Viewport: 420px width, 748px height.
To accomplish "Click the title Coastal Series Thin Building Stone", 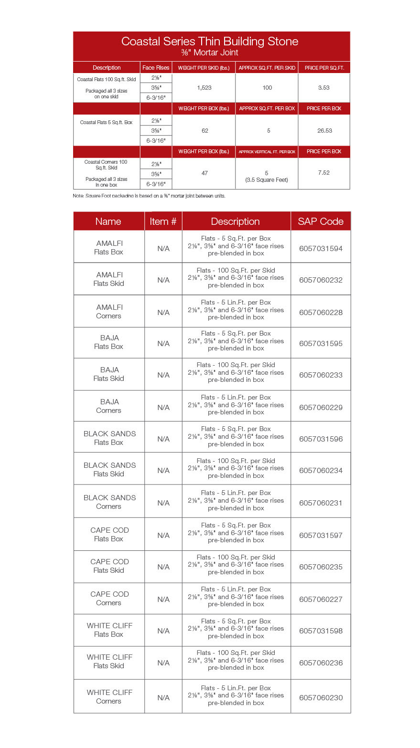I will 210,42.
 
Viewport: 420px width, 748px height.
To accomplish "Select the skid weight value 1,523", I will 204,88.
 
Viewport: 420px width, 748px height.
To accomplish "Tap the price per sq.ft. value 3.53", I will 324,88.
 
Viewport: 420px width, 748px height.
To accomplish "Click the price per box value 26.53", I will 324,130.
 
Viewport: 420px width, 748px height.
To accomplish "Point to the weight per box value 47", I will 205,173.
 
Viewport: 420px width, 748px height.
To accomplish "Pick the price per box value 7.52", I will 324,173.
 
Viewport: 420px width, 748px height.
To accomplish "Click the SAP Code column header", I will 321,221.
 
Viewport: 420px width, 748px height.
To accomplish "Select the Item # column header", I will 163,221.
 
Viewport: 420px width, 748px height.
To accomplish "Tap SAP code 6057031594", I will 321,249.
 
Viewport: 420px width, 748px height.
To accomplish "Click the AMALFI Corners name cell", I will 109,312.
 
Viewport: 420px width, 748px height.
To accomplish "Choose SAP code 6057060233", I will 321,375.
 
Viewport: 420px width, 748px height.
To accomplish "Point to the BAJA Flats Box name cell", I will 109,342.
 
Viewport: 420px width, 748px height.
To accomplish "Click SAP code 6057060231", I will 321,503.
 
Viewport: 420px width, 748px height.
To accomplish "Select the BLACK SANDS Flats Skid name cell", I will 109,470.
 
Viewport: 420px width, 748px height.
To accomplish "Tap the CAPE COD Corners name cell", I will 109,599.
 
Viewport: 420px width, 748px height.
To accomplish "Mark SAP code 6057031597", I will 321,536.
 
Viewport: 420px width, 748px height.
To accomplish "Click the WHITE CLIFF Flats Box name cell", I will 109,630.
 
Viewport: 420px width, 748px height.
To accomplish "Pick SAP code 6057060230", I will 321,698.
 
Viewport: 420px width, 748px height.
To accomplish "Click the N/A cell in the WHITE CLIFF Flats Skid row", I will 163,663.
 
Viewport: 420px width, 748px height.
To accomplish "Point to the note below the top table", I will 149,196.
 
